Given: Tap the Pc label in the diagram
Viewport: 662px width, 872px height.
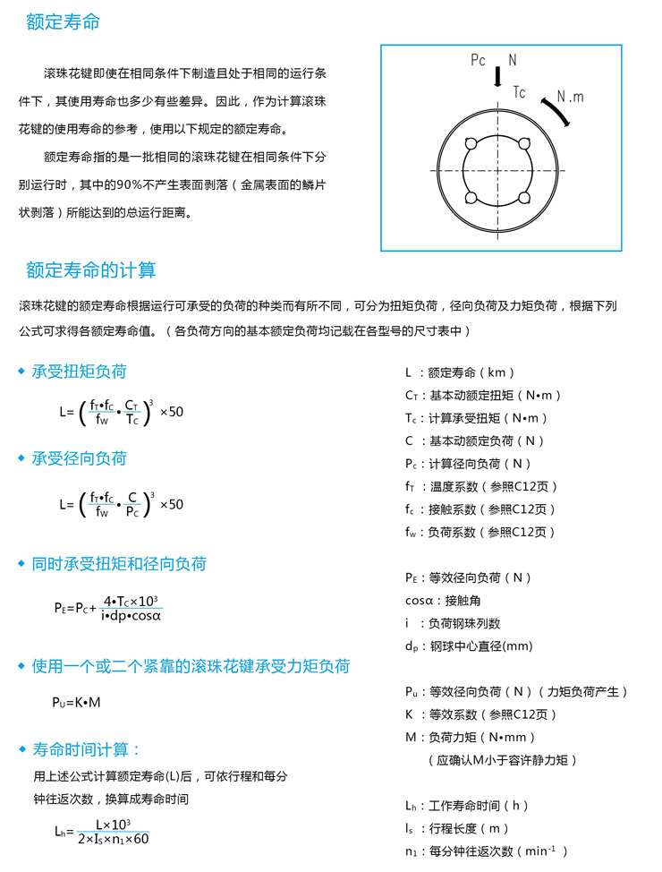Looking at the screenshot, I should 478,61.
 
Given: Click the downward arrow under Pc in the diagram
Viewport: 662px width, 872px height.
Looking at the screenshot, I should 498,79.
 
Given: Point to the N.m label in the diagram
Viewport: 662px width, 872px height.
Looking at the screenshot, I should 569,97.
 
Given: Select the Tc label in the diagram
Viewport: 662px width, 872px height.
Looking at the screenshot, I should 519,92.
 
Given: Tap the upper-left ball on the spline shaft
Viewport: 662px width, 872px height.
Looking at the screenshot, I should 470,142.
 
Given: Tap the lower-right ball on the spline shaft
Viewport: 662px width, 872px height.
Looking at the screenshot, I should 525,198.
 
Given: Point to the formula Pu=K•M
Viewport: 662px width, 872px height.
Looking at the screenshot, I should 76,702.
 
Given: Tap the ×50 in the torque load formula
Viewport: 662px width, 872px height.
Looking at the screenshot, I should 171,413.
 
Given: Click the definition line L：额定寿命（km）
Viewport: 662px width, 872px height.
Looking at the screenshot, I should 460,372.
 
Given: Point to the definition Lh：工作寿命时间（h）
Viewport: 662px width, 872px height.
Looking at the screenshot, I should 467,806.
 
